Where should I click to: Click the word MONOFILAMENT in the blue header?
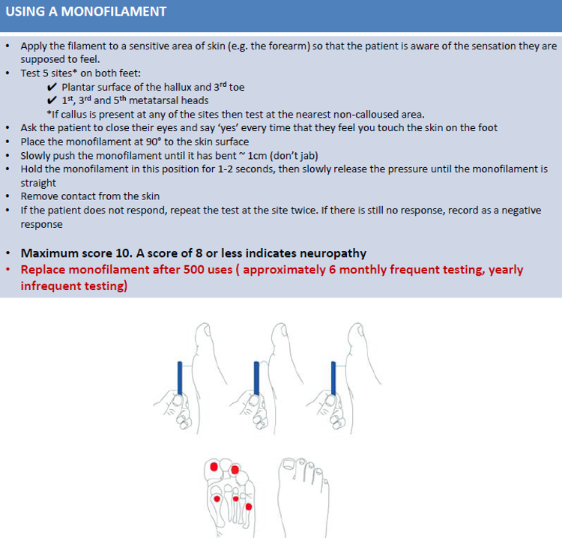116,13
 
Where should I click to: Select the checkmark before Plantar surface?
52,87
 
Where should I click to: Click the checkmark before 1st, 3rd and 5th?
52,100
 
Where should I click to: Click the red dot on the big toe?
214,467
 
